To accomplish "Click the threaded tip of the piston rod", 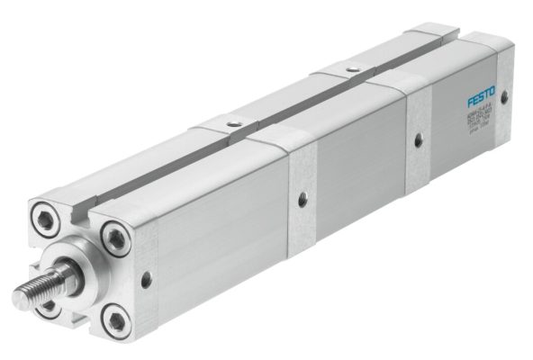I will pyautogui.click(x=32, y=291).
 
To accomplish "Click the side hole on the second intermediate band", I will pyautogui.click(x=416, y=138).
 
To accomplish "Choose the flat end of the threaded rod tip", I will pyautogui.click(x=18, y=296).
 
